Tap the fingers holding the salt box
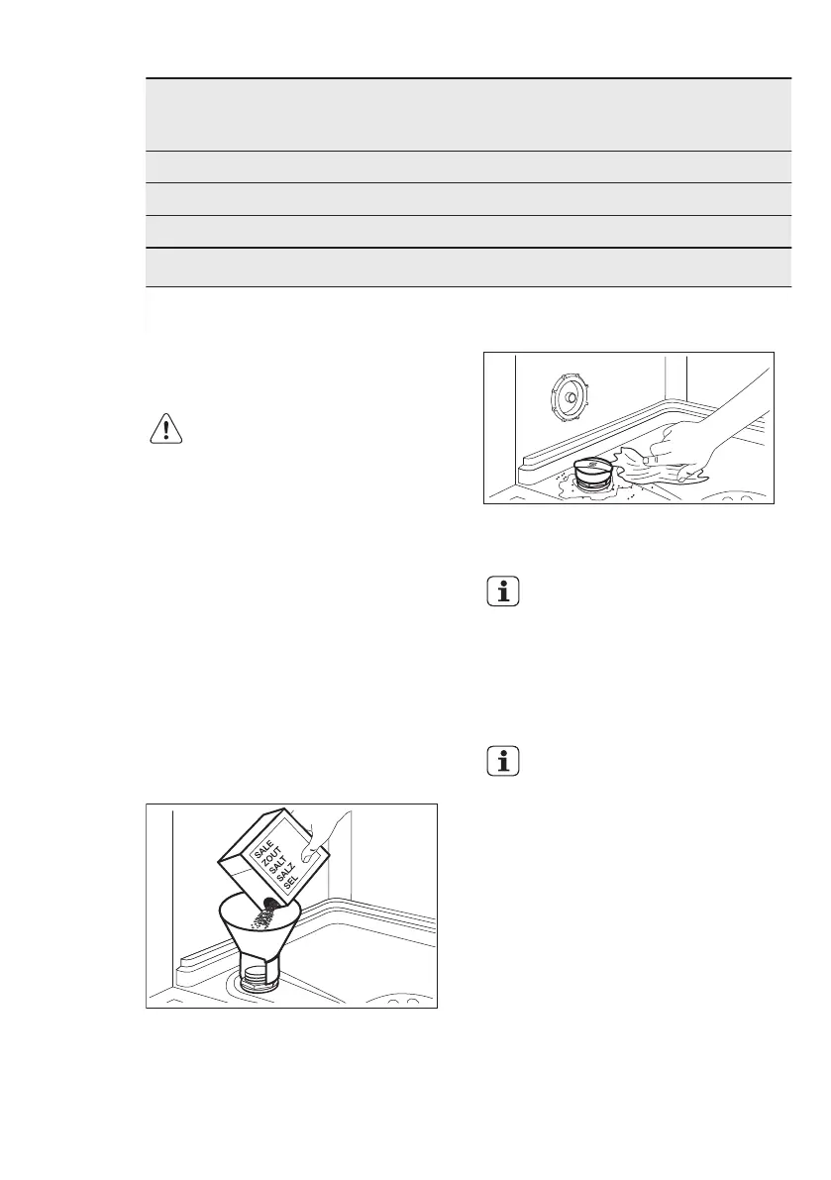(x=322, y=836)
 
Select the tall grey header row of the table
(x=467, y=115)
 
